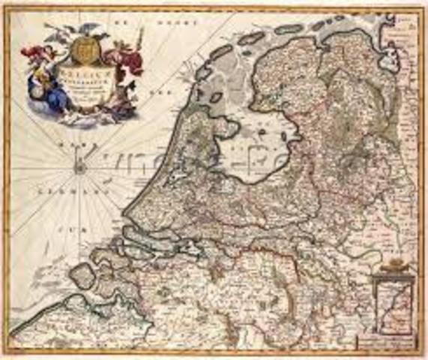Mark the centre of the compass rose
(x=79, y=168)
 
